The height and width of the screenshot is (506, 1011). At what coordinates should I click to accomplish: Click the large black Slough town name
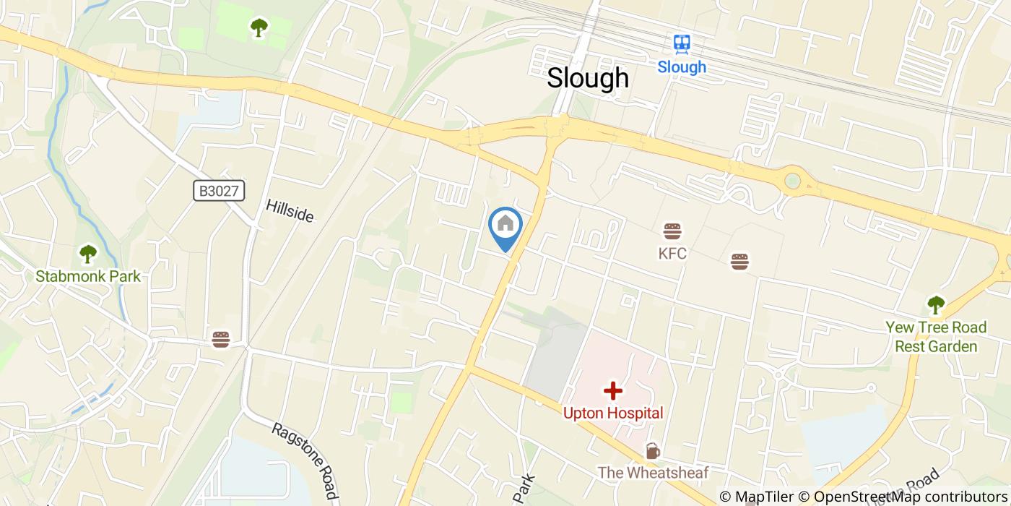[x=587, y=78]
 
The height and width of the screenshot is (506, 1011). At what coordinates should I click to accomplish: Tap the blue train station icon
[x=681, y=45]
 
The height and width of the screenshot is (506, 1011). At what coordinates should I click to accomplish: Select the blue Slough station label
[x=681, y=67]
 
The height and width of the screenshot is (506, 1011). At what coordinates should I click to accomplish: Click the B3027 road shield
[x=220, y=191]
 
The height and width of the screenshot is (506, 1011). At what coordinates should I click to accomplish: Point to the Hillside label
[x=290, y=210]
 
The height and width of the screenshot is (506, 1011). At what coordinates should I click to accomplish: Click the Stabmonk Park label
[x=88, y=276]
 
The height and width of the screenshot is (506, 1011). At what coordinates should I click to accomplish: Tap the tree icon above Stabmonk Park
[x=88, y=254]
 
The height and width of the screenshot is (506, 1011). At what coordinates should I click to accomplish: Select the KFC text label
[x=672, y=254]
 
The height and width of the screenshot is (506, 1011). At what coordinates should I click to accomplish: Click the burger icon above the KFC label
[x=672, y=231]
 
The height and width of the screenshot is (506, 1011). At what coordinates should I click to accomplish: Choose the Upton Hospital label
[x=613, y=413]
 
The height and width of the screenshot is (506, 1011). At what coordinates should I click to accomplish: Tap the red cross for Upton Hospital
[x=612, y=392]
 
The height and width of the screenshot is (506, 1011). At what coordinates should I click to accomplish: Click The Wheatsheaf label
[x=653, y=472]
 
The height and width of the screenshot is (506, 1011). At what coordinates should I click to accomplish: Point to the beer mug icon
[x=652, y=451]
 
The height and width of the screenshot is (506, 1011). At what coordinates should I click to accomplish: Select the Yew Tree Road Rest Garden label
[x=936, y=337]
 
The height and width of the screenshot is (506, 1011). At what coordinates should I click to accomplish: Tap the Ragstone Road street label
[x=305, y=460]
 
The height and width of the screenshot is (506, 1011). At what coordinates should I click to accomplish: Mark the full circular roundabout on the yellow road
[x=793, y=181]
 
